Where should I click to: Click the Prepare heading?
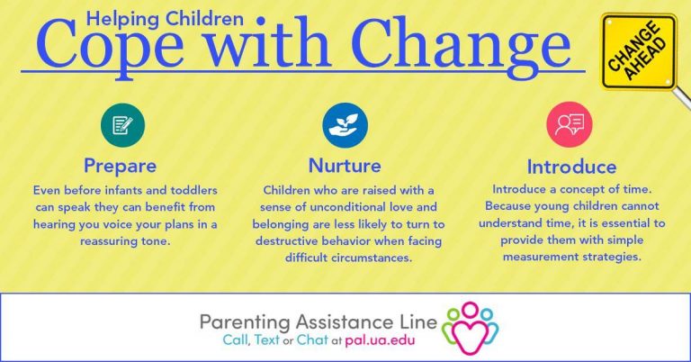(120, 167)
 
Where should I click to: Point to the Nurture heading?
(345, 166)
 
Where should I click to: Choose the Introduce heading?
(571, 167)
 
